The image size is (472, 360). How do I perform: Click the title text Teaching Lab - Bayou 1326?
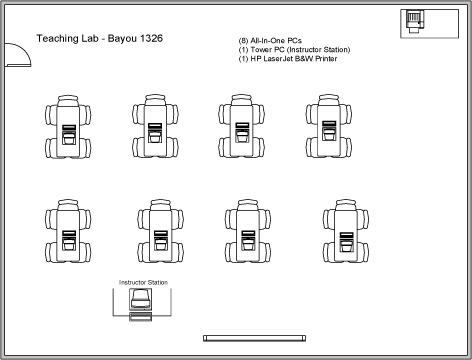(99, 38)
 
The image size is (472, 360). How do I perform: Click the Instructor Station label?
(143, 283)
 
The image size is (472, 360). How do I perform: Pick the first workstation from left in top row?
(68, 130)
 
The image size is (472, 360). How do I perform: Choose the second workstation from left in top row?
(154, 130)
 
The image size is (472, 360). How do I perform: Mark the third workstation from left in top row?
(242, 130)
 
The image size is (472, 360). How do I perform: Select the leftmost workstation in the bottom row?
(68, 231)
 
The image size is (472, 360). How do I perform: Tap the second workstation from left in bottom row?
(158, 231)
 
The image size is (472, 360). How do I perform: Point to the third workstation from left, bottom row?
(245, 231)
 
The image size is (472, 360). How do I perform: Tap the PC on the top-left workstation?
(68, 134)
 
